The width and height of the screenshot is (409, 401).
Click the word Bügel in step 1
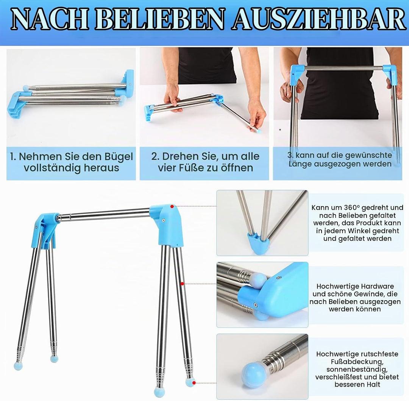coord(119,157)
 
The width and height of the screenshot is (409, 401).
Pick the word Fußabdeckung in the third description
coord(357,362)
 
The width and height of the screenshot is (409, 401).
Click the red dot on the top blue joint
coord(172,206)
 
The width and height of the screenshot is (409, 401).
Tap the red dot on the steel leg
coord(182,283)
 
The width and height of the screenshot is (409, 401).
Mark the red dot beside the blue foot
coord(194,383)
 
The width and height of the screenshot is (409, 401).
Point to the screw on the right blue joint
coord(163,220)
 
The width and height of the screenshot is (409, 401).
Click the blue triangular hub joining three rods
coord(258,243)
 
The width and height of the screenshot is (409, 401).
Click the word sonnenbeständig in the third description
coord(357,370)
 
